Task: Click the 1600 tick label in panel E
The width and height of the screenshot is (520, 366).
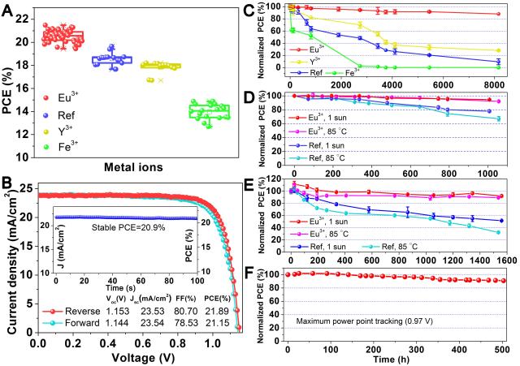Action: [x=505, y=258]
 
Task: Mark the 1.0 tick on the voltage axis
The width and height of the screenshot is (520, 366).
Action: [x=209, y=342]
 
